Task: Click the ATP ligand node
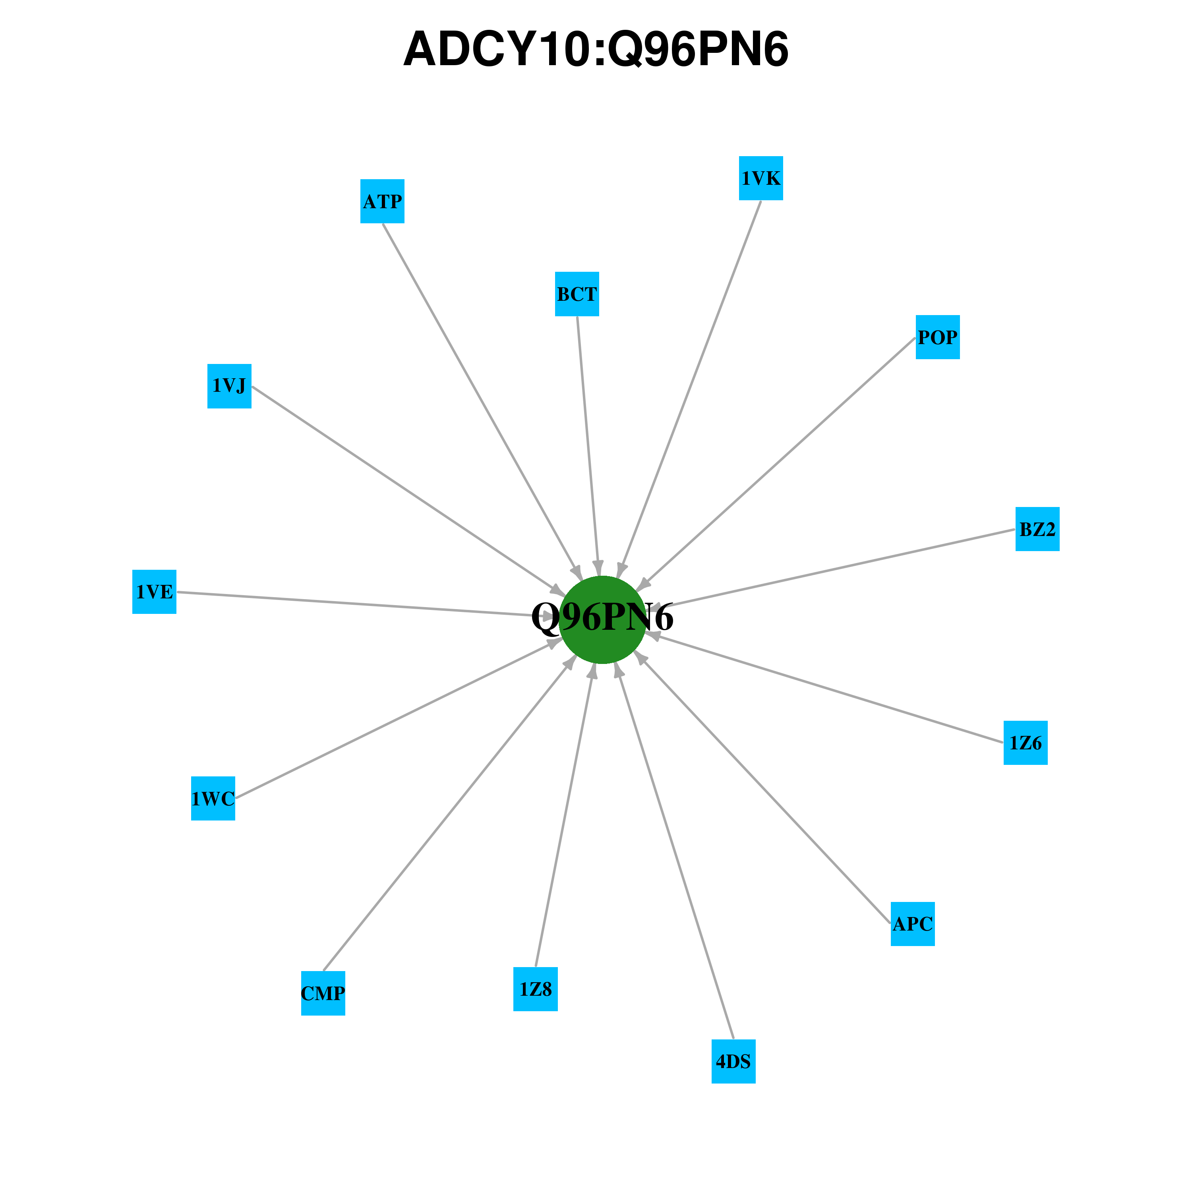(x=383, y=201)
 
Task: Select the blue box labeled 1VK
(x=761, y=178)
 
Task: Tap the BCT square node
(x=577, y=294)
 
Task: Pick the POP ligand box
(x=937, y=337)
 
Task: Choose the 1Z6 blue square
(x=1026, y=742)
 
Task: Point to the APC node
(x=913, y=924)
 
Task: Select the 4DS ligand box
(x=733, y=1061)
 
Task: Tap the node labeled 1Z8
(x=536, y=989)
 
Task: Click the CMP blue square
(x=323, y=993)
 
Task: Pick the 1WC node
(x=213, y=798)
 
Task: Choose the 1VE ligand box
(x=154, y=592)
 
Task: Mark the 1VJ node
(x=229, y=385)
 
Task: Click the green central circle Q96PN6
(x=602, y=619)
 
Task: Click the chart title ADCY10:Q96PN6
(x=596, y=49)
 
